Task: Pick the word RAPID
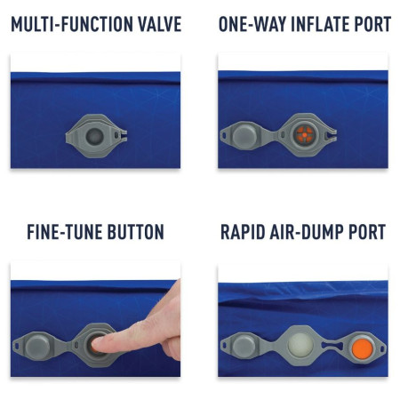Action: click(246, 233)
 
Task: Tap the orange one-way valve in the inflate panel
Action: click(303, 135)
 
